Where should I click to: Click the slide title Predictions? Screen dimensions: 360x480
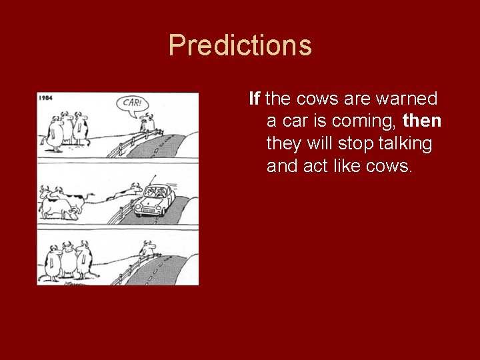(x=240, y=45)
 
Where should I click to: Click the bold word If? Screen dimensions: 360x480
(x=254, y=99)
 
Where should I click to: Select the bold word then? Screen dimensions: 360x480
(x=422, y=121)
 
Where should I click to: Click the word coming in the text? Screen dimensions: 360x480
(x=364, y=121)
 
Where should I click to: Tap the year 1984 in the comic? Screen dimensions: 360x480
(x=46, y=98)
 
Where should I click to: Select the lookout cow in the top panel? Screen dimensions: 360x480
(x=145, y=122)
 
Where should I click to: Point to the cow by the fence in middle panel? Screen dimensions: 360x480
(x=127, y=194)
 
